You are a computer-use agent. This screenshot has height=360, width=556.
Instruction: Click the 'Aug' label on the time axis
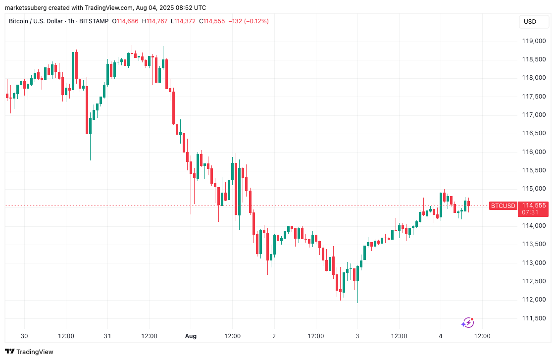tap(191, 336)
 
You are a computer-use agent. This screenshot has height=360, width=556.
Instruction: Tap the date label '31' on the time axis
tap(107, 336)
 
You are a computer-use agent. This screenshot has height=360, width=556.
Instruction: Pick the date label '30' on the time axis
tap(24, 336)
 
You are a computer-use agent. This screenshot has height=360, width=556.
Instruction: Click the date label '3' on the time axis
tap(357, 336)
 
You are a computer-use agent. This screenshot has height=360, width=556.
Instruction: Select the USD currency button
tap(530, 22)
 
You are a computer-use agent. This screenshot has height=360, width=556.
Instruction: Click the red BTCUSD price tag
tap(503, 206)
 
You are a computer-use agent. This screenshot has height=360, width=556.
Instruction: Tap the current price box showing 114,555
tap(534, 206)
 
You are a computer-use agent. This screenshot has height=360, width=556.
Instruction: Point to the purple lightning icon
tap(467, 323)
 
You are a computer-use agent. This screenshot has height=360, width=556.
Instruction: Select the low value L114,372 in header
tap(184, 21)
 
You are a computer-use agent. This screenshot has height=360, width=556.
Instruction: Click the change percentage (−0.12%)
tap(253, 21)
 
